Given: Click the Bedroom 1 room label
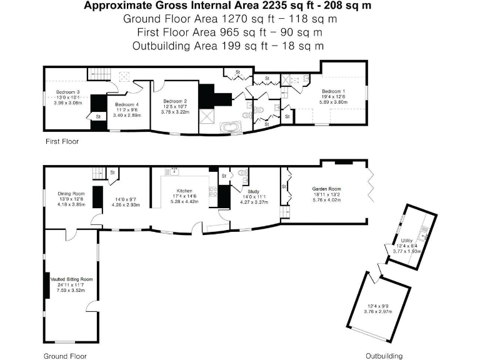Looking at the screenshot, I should tap(332, 91).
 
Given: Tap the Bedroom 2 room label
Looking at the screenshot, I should tap(175, 101).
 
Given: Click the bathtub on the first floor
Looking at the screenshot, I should tap(231, 129).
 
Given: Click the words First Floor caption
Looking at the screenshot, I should tap(62, 142).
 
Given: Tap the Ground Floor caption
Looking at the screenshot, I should tap(64, 356).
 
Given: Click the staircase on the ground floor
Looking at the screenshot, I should tap(95, 173).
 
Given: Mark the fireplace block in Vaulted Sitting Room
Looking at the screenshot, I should tap(46, 286).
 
